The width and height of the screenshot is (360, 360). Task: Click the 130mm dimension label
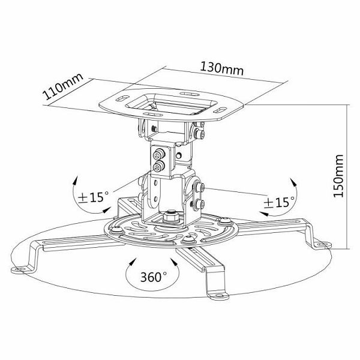222,68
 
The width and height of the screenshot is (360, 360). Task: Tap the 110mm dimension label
62,86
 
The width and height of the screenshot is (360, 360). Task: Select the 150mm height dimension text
338,176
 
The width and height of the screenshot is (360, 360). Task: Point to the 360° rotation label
154,277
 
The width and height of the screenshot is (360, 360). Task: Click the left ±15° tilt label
93,197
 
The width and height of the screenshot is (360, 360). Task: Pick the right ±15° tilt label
279,202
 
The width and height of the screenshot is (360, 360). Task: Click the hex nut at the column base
171,216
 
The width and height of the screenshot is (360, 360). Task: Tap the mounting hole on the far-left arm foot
20,269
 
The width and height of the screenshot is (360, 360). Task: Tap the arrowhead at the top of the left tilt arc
76,180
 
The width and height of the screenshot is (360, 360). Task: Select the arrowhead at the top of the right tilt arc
293,182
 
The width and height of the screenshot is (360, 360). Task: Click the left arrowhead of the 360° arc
132,262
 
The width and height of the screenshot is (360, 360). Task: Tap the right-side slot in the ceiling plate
220,110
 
